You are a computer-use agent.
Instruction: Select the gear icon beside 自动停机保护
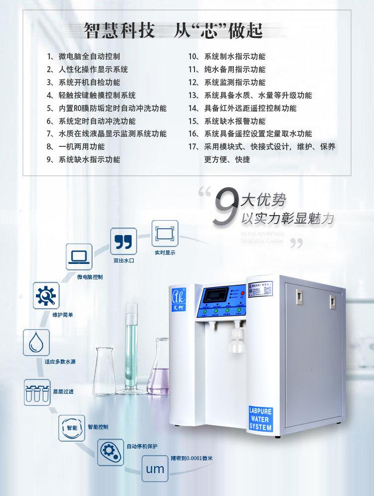110,450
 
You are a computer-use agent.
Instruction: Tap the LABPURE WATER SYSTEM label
260,419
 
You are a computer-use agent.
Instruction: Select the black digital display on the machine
215,294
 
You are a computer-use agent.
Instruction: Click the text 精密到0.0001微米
191,458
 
